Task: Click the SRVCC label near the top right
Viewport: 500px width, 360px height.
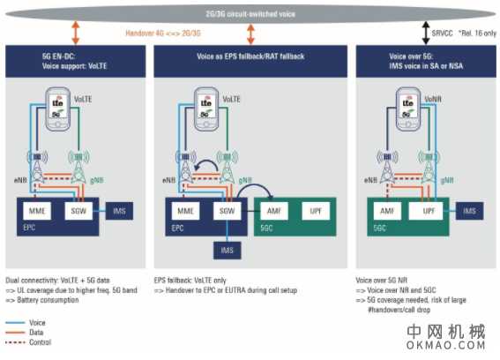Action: (x=443, y=34)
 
